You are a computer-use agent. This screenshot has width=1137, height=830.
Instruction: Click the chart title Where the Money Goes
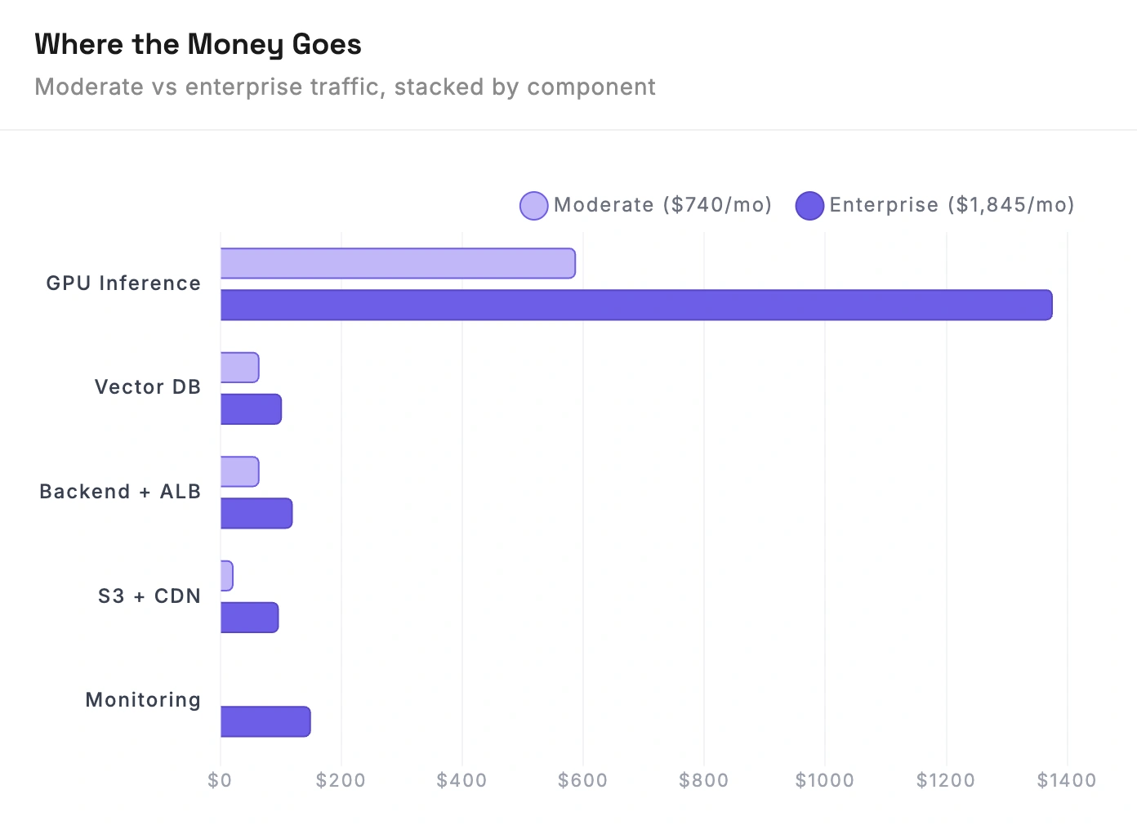point(198,44)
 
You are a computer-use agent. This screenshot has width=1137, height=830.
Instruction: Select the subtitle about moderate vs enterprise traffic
point(345,87)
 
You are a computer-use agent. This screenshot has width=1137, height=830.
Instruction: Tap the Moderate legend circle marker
point(533,206)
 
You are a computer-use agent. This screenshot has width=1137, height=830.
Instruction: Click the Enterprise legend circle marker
point(809,206)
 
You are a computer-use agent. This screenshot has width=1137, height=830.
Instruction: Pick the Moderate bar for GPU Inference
point(398,263)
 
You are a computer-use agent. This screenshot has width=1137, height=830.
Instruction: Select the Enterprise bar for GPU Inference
point(636,305)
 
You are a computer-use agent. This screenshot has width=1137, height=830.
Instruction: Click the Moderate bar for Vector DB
point(239,368)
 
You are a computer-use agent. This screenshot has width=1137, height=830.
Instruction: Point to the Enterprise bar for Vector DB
point(251,409)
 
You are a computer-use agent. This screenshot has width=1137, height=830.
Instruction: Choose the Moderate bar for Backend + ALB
point(239,471)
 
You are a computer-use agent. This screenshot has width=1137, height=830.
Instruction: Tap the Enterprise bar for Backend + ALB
point(256,513)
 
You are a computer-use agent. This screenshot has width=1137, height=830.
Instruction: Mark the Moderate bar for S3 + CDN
point(227,576)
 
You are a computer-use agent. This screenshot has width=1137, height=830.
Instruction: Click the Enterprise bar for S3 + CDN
point(249,618)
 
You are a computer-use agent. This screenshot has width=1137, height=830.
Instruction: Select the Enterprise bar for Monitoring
point(265,721)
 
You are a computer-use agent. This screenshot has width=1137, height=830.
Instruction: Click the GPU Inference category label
point(123,283)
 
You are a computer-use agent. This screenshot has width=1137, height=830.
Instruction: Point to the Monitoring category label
point(143,700)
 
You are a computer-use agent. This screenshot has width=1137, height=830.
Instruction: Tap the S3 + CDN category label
point(149,596)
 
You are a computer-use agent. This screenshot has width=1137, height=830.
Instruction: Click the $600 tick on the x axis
point(582,781)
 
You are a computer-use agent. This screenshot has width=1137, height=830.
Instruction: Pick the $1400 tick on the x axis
point(1066,781)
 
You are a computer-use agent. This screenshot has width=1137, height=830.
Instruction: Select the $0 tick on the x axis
point(220,781)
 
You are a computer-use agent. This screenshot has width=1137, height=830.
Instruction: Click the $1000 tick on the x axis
point(824,781)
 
